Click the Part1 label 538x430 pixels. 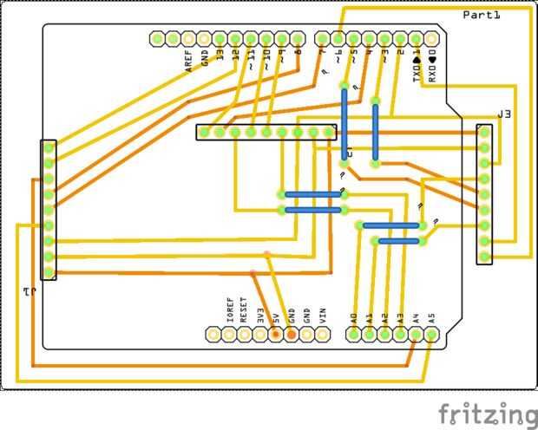coord(482,15)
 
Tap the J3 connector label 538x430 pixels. coord(504,114)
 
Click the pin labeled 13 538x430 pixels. coord(220,39)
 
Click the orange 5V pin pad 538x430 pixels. coord(276,334)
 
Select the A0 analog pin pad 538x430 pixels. coord(354,334)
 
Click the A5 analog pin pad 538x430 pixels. coord(432,334)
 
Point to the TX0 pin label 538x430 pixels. coord(417,68)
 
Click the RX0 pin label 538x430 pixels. coord(432,68)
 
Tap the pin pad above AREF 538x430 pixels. coord(187,39)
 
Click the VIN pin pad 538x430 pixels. coord(323,334)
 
